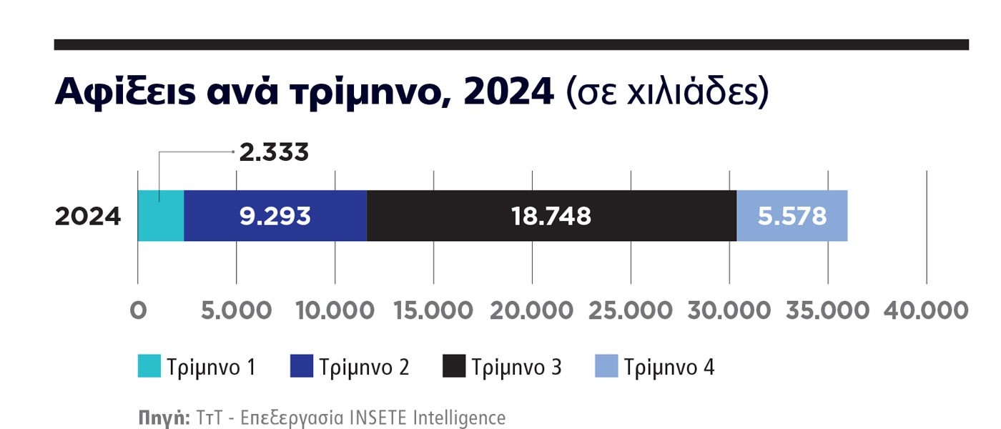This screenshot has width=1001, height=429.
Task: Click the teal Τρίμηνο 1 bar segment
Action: [161, 216]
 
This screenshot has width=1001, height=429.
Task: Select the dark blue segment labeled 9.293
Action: [275, 216]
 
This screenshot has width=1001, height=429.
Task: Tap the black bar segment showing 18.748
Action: [551, 216]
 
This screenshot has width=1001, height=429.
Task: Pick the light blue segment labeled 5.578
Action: [792, 216]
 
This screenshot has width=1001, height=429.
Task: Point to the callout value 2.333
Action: [274, 152]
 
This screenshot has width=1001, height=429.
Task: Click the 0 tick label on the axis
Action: [138, 311]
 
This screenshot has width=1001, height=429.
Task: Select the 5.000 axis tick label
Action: [236, 311]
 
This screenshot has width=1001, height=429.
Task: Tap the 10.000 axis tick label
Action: [334, 311]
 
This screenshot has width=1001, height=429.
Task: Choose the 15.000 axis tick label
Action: [433, 311]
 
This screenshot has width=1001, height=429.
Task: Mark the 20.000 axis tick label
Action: [531, 311]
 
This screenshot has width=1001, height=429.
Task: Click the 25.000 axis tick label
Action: [630, 311]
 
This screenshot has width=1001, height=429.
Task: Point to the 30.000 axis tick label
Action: [729, 311]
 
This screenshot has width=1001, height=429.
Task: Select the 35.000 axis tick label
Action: [827, 311]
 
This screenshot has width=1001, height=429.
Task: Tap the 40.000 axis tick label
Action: [926, 311]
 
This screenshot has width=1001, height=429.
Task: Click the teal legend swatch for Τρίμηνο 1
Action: [149, 366]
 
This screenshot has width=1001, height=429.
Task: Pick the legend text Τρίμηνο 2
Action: [364, 368]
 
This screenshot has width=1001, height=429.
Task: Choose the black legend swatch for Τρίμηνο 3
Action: [454, 366]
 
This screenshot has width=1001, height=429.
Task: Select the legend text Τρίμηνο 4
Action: [669, 368]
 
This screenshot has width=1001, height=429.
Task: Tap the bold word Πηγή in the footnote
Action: [163, 418]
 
